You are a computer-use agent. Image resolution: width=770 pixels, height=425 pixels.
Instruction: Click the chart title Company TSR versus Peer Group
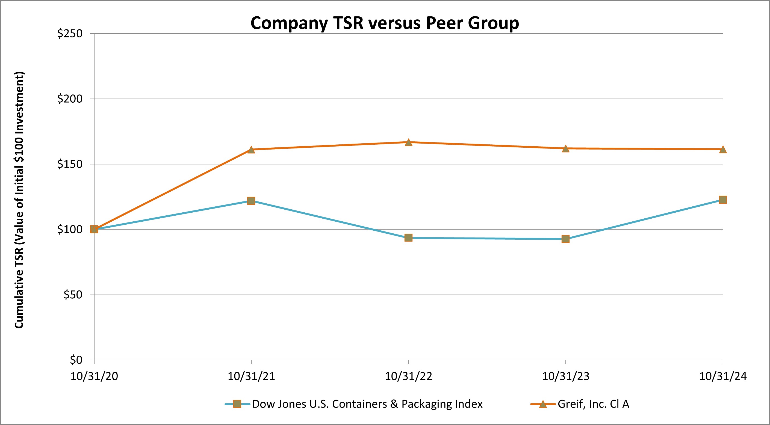[x=385, y=23]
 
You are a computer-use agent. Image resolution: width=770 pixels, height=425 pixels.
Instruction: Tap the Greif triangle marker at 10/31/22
[x=409, y=142]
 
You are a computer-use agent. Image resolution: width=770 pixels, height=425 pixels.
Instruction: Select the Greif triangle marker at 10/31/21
[x=251, y=150]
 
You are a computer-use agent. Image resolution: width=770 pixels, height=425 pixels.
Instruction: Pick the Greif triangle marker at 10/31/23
[x=565, y=148]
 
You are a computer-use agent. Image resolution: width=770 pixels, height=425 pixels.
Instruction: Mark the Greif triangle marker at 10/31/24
[x=723, y=149]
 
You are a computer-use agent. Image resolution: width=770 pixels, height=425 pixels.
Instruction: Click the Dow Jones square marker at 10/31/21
[x=251, y=201]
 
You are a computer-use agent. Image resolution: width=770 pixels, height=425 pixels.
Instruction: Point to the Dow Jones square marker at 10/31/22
[x=409, y=238]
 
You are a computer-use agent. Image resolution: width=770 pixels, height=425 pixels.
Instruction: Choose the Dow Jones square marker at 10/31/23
[x=565, y=239]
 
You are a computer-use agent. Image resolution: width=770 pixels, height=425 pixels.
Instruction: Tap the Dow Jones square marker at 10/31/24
[x=723, y=200]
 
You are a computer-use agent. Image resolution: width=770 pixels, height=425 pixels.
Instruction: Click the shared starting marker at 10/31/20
[x=94, y=229]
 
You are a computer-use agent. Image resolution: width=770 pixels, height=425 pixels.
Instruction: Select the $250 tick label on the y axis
[x=70, y=34]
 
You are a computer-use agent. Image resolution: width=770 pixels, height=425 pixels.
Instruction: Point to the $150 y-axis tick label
[x=70, y=164]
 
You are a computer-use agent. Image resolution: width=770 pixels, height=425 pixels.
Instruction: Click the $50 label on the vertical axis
[x=73, y=295]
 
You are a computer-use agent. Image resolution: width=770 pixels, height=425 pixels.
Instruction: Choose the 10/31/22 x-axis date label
[x=409, y=376]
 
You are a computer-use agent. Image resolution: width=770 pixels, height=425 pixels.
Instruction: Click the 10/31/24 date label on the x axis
[x=723, y=376]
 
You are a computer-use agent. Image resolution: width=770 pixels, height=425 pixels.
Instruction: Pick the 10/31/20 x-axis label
[x=94, y=376]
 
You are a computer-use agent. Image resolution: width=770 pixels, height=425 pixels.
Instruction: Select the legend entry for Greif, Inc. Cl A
[x=593, y=404]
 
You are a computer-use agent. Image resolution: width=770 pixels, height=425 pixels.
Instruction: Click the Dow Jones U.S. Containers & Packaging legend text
[x=367, y=404]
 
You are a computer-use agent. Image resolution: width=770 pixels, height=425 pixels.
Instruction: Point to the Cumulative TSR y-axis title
[x=19, y=200]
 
